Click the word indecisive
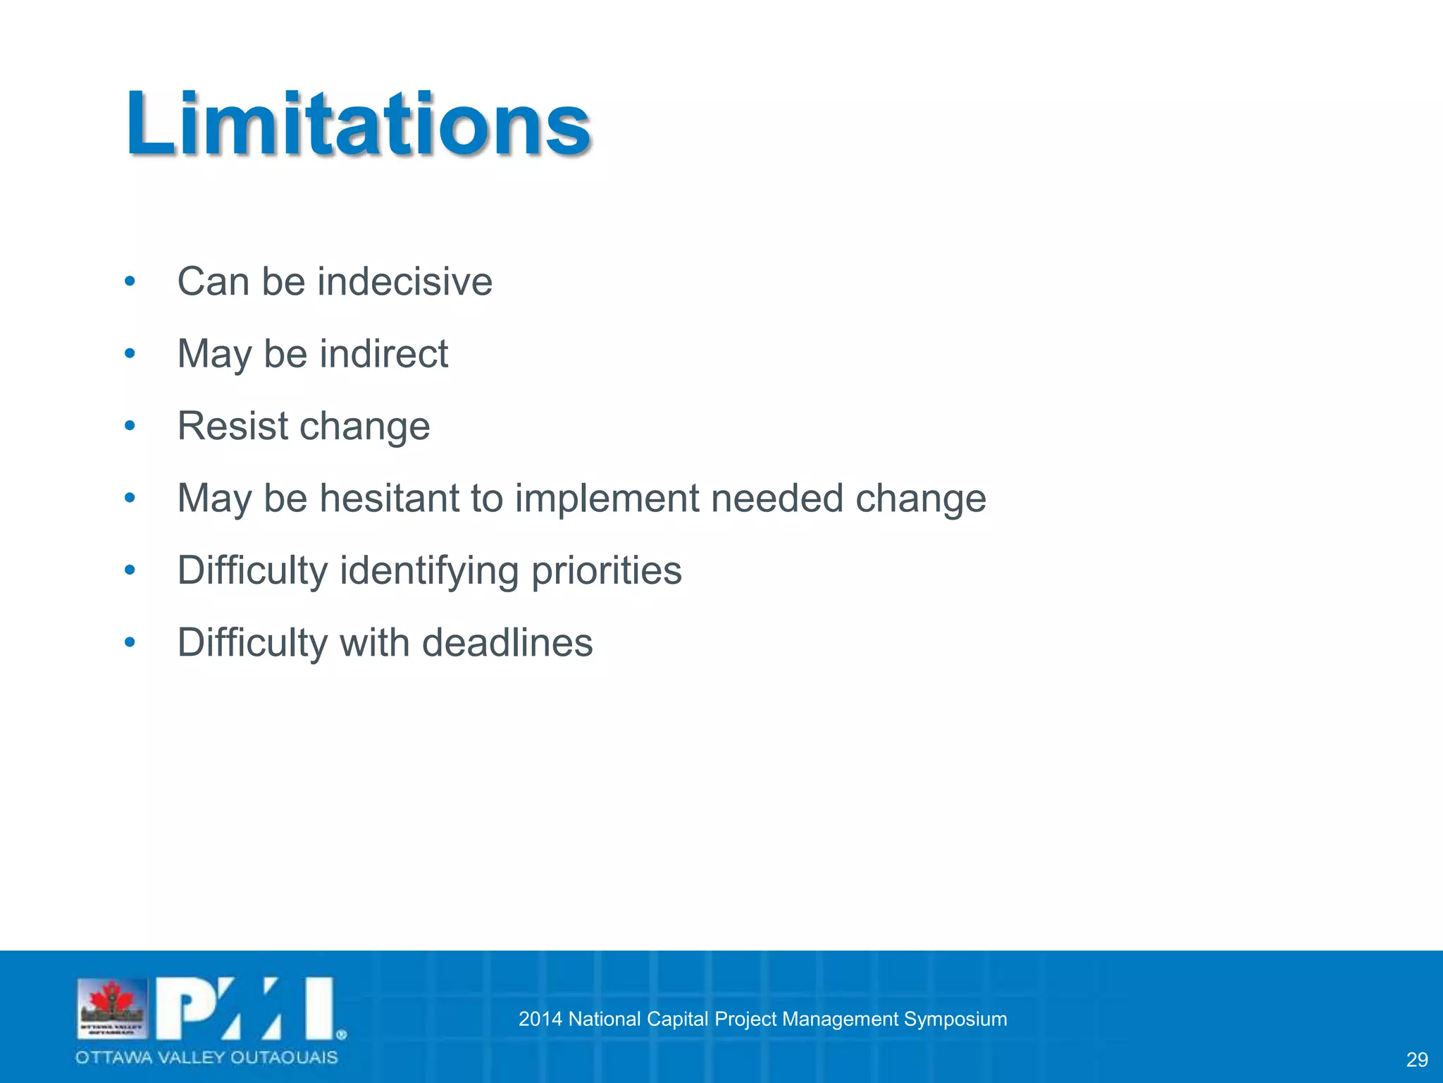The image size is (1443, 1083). click(x=404, y=282)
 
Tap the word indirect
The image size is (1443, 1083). click(x=383, y=354)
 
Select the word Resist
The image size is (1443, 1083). click(x=233, y=426)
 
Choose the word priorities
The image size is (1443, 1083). click(x=606, y=570)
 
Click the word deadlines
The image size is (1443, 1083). click(x=507, y=643)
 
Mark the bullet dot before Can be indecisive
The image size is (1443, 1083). click(x=130, y=282)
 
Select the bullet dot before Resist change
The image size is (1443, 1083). click(x=130, y=426)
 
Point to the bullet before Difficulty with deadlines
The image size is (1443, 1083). click(x=130, y=643)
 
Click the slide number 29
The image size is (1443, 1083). click(x=1416, y=1060)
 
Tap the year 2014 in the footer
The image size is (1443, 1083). click(x=540, y=1020)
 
